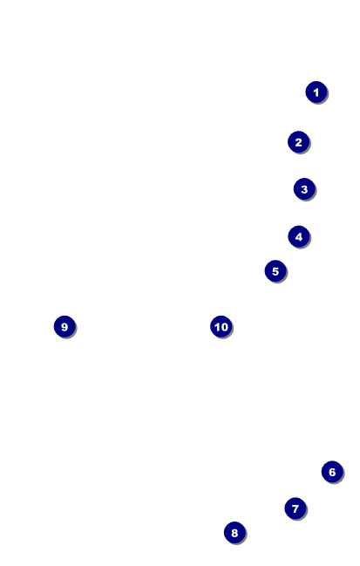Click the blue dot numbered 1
(316, 92)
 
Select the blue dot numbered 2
(299, 142)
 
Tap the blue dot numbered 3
(304, 188)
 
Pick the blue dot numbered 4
(299, 236)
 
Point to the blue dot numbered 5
(275, 270)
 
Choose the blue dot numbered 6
(332, 472)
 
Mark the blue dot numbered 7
(295, 508)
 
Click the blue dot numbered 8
(234, 533)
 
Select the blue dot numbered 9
(65, 326)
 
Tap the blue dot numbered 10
(221, 326)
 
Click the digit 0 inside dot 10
(224, 327)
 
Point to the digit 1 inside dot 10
(217, 327)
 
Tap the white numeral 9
(65, 327)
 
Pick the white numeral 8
(234, 533)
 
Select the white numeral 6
(332, 472)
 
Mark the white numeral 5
(275, 271)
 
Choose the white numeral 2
(299, 142)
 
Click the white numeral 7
(295, 508)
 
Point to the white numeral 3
(304, 189)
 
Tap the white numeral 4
(299, 237)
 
